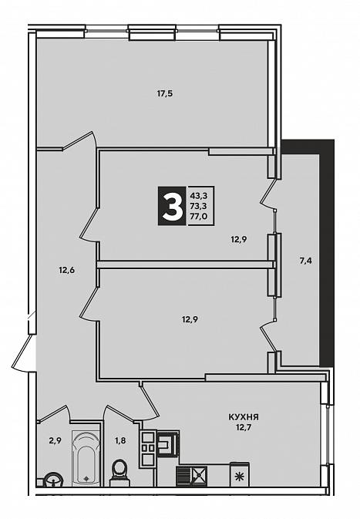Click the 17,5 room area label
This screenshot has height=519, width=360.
click(x=165, y=93)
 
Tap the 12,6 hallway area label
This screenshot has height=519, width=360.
click(x=67, y=270)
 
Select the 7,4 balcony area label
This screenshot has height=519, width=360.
click(x=306, y=261)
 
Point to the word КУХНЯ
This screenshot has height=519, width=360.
click(x=244, y=417)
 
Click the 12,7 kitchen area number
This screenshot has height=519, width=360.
click(x=244, y=427)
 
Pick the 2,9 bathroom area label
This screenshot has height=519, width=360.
click(x=55, y=440)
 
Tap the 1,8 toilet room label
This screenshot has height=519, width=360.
click(x=120, y=440)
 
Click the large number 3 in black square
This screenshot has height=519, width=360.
click(x=172, y=206)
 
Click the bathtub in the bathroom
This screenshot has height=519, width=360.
click(x=86, y=458)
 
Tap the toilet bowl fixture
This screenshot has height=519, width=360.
click(x=119, y=472)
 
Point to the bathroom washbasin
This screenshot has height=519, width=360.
click(x=53, y=480)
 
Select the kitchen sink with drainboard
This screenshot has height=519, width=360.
click(x=192, y=477)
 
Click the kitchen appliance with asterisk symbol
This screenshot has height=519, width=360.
click(x=240, y=475)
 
